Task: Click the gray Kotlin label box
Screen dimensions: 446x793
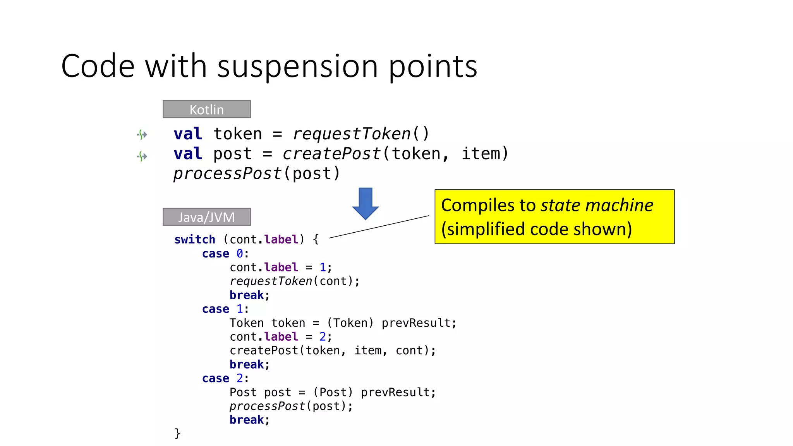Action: click(x=206, y=109)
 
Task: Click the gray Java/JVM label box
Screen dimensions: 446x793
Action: click(x=206, y=217)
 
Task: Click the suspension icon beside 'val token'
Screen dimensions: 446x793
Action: click(x=142, y=134)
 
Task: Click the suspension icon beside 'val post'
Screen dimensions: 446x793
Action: click(x=142, y=156)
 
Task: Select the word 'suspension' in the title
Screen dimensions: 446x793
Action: click(x=297, y=67)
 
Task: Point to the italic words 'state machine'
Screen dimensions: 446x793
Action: click(x=597, y=205)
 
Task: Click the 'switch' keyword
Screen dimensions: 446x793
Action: click(x=194, y=240)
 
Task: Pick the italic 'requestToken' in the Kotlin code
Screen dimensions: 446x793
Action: click(x=352, y=134)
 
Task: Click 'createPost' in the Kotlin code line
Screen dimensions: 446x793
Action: click(x=331, y=154)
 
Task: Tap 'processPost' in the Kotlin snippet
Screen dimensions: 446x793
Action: click(x=227, y=173)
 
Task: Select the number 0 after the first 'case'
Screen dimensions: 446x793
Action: click(x=240, y=254)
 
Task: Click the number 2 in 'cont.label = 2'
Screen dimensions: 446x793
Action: click(x=323, y=337)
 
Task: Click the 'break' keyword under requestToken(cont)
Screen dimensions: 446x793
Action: click(x=246, y=295)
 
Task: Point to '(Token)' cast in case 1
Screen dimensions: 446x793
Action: click(x=350, y=323)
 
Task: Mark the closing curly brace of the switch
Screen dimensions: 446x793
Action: click(x=177, y=433)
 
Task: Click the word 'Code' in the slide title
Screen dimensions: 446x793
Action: click(x=98, y=67)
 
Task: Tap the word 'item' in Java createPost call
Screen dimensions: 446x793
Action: click(x=368, y=351)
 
